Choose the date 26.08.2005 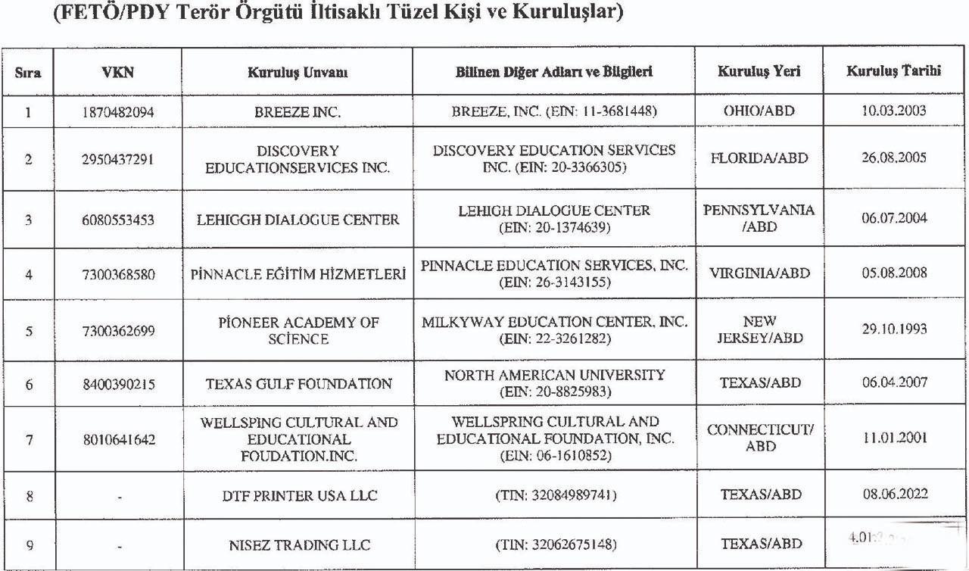(893, 158)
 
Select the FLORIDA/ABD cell (759, 158)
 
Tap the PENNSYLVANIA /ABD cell (759, 218)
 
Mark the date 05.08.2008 (893, 273)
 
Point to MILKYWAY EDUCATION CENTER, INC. (554, 322)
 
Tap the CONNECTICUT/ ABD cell (759, 438)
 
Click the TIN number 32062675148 (554, 544)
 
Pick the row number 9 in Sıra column (29, 544)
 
